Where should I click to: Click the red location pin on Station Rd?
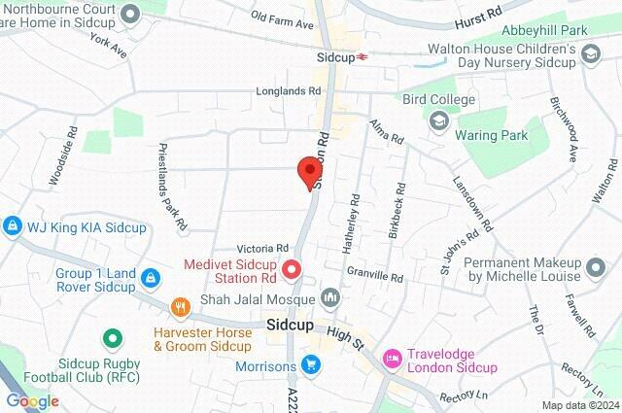310,171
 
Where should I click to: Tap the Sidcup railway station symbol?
363,57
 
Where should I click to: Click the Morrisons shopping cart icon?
310,365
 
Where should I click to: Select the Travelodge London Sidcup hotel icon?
393,360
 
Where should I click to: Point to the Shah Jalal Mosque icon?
331,297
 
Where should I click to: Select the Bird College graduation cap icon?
437,120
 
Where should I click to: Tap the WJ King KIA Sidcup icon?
12,225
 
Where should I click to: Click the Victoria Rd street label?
269,248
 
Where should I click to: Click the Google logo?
32,400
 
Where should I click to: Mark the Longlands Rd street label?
288,91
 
